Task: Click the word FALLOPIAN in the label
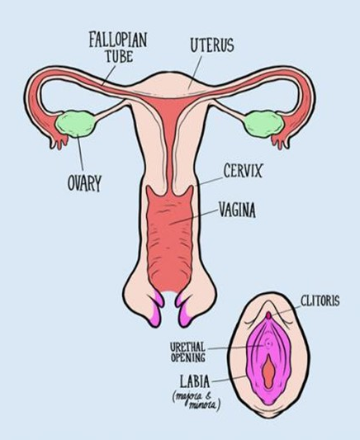point(118,40)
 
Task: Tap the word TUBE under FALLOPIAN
point(119,56)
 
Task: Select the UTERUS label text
point(212,45)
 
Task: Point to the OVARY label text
point(84,183)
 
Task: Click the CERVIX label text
point(243,171)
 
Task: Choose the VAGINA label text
point(237,210)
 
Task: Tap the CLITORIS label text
point(320,300)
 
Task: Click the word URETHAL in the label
point(188,347)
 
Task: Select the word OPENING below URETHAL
point(188,357)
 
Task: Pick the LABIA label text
point(195,381)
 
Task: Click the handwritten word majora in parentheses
point(188,396)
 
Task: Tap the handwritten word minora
point(202,405)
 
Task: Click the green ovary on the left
point(76,124)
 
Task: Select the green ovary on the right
point(264,124)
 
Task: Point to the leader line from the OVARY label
point(81,154)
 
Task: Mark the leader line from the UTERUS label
point(196,73)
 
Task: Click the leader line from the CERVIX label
point(209,182)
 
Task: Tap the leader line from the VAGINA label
point(194,216)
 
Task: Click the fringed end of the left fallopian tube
point(58,140)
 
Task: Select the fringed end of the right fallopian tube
point(282,140)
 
